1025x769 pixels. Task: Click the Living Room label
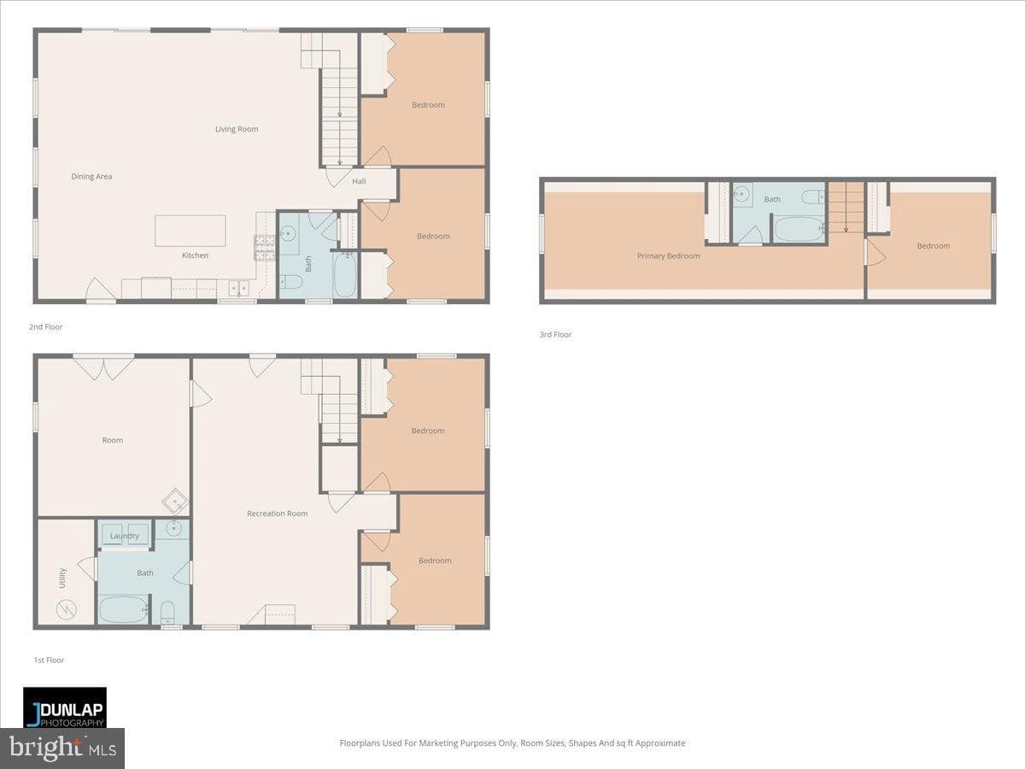237,129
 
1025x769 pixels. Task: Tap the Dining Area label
91,177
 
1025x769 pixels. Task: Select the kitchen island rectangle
190,231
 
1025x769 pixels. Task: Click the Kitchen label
196,255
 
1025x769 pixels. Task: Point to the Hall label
359,181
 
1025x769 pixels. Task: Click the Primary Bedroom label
668,255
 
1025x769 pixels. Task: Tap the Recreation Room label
278,514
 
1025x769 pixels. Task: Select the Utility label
62,578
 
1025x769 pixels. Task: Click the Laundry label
125,536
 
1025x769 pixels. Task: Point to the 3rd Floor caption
556,334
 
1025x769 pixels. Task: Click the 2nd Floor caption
46,327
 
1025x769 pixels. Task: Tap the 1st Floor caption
49,660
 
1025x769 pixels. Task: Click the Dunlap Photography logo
65,707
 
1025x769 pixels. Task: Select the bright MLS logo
62,748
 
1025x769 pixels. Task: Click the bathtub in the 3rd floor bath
799,228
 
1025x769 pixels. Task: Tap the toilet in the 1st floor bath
167,613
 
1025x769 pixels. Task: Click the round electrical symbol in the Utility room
67,609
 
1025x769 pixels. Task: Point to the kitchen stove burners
264,248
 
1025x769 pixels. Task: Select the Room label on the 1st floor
113,440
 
